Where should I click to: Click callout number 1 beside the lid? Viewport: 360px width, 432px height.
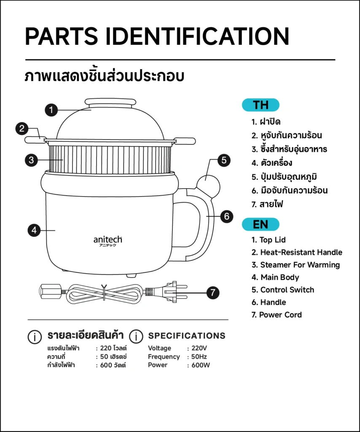click(x=51, y=110)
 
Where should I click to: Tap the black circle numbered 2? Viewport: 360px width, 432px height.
click(x=22, y=128)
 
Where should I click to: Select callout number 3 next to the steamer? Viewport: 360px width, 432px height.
click(x=31, y=160)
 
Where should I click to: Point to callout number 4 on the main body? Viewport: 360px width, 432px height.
click(x=35, y=230)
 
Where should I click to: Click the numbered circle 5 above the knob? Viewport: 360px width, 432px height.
click(x=224, y=160)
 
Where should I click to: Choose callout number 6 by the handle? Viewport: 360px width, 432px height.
click(x=226, y=216)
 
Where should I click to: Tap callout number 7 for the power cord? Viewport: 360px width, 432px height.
click(x=213, y=293)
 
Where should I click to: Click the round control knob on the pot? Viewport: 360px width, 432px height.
click(x=208, y=186)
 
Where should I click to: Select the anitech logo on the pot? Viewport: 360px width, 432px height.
click(x=107, y=241)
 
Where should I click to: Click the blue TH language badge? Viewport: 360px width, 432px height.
click(x=261, y=105)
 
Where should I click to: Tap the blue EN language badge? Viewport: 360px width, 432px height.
click(x=261, y=224)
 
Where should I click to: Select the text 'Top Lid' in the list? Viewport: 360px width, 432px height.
click(x=272, y=240)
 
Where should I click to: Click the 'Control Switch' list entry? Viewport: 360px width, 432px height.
click(x=287, y=290)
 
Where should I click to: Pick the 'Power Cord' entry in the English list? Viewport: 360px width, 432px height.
click(x=280, y=315)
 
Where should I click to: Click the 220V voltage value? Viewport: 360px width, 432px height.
click(x=199, y=348)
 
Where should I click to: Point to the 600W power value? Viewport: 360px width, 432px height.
click(x=201, y=365)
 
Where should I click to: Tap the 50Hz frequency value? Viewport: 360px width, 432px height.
click(x=199, y=356)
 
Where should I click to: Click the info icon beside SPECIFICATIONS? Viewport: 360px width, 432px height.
click(x=136, y=336)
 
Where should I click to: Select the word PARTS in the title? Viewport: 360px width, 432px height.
click(x=62, y=36)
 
